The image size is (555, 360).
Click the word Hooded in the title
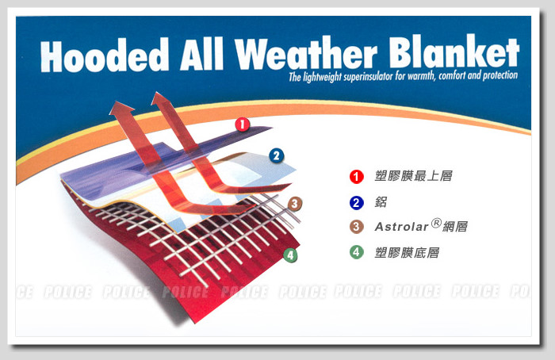coord(105,56)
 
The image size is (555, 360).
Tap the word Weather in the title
coord(306,53)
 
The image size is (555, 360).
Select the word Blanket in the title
coord(454,52)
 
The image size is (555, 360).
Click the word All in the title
coord(201,54)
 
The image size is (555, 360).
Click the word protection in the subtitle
coord(500,75)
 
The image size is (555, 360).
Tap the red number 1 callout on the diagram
coord(243,124)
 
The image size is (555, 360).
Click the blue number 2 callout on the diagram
coord(277,155)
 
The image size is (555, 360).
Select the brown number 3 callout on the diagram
coord(295,204)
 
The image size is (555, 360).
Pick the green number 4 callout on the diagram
coord(290,255)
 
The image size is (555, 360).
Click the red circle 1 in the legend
coord(357,177)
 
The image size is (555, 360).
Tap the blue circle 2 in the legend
coord(357,203)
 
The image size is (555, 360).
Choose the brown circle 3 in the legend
coord(357,227)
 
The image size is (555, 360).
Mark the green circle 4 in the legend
coord(357,252)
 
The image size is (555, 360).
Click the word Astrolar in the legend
coord(401,227)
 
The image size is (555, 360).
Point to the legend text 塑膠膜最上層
coord(413,176)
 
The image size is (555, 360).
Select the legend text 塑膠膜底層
coord(407,253)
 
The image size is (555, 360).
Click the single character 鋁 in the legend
coord(381,202)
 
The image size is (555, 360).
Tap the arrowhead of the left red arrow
coord(121,108)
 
